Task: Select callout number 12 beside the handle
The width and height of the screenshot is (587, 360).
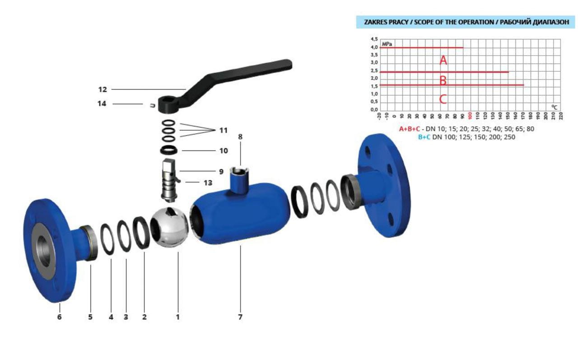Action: coord(102,90)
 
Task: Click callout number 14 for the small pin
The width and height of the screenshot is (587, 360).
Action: coord(102,104)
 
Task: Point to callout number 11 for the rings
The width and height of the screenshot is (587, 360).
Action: coord(223,130)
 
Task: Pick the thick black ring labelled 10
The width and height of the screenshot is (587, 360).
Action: coord(169,150)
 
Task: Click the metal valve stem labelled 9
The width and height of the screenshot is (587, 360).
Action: coord(169,180)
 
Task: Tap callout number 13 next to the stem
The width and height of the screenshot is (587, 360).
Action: coord(208,183)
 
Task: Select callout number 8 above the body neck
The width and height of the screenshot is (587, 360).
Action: coord(240,137)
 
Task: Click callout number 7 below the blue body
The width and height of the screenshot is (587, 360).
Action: coord(240,317)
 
